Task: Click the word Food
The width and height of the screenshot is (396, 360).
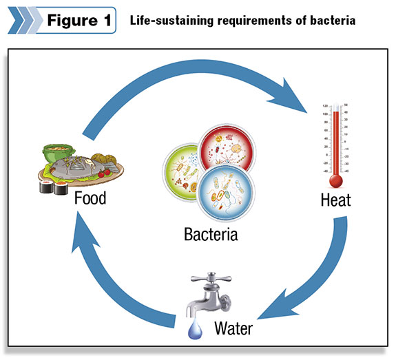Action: pos(90,198)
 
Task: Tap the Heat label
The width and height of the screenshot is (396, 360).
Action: pos(335,200)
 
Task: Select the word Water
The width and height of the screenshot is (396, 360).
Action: pos(233,328)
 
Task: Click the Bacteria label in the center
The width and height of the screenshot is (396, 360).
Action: pos(211,234)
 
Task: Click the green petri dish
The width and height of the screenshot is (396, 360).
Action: pos(180,172)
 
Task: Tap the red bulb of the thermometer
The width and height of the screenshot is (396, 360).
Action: pos(336,181)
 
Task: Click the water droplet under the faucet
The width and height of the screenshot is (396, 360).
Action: pos(195,328)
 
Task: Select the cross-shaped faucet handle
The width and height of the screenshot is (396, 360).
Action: pos(211,278)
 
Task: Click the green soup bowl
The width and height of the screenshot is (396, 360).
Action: pos(58,153)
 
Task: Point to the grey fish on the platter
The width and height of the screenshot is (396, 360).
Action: pos(74,167)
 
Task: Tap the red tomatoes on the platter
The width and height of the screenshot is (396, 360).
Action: pos(104,173)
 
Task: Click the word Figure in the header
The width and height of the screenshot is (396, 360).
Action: pos(72,21)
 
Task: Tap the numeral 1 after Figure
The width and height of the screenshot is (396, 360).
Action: pos(107,20)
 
